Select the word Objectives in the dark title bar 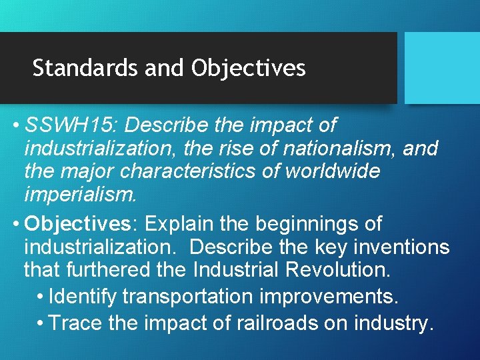248,68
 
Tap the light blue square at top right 442,67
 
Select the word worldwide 332,171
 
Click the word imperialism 80,195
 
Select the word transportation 193,295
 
